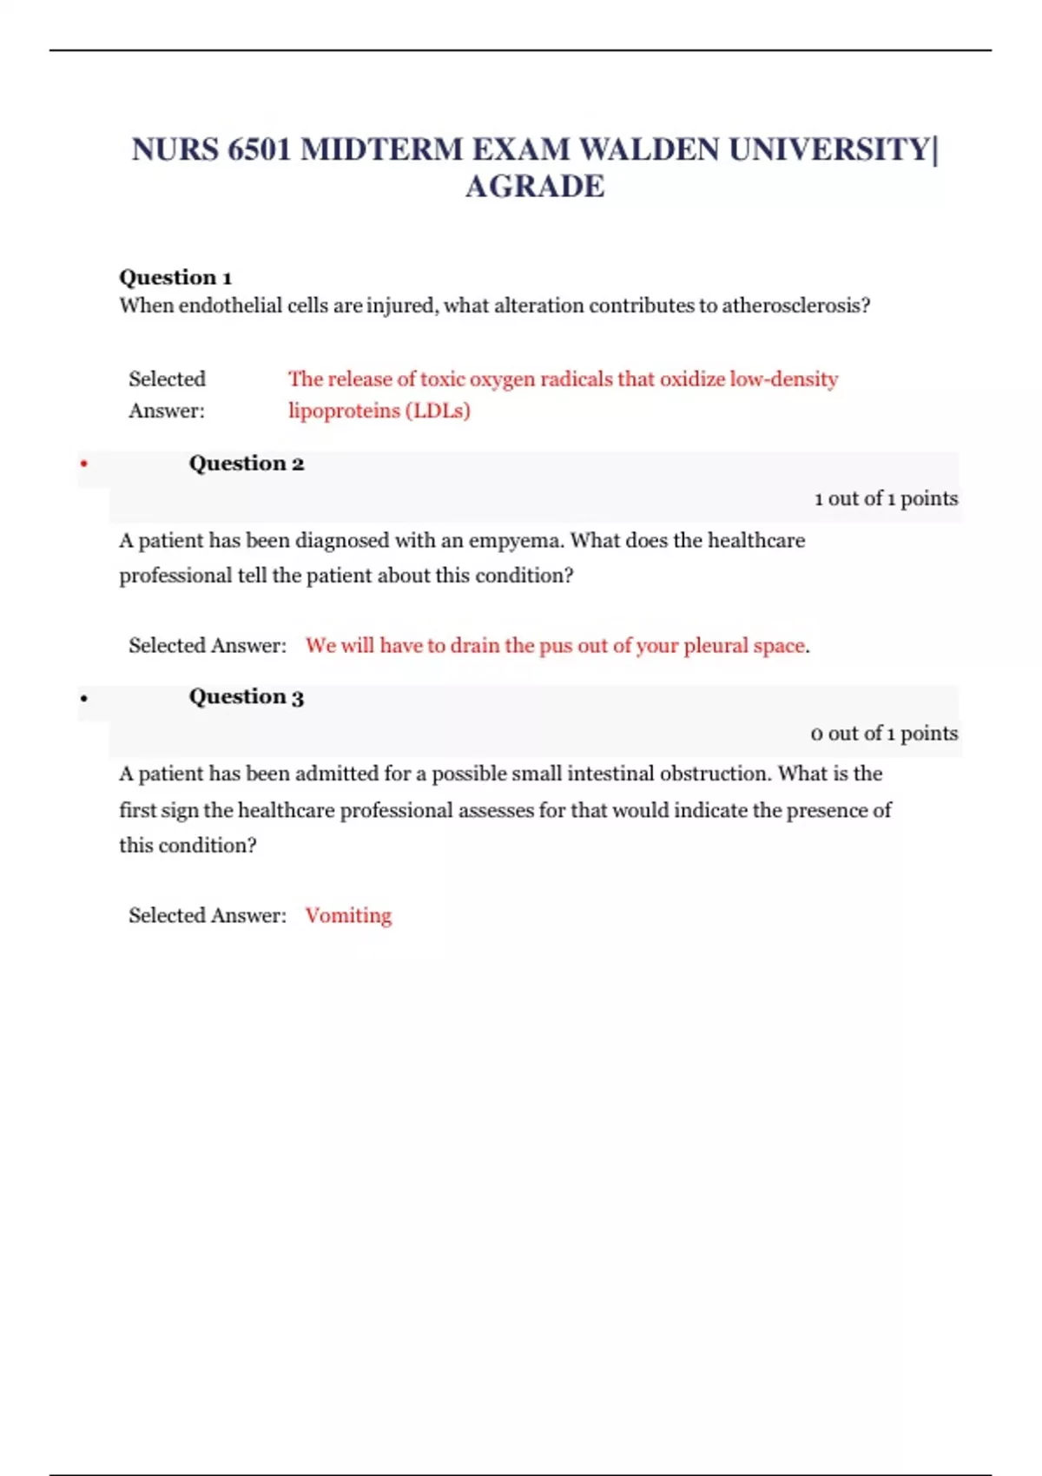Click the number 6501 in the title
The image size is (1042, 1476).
pyautogui.click(x=259, y=150)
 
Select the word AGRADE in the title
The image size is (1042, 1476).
pyautogui.click(x=535, y=187)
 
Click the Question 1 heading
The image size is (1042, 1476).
pyautogui.click(x=175, y=278)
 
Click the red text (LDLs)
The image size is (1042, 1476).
pyautogui.click(x=438, y=411)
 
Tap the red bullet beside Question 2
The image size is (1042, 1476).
pyautogui.click(x=84, y=465)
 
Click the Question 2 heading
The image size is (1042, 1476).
pyautogui.click(x=247, y=464)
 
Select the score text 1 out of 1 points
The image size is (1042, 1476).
pyautogui.click(x=886, y=498)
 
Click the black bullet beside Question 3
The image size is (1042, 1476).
pyautogui.click(x=84, y=698)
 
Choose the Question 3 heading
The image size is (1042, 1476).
pyautogui.click(x=247, y=697)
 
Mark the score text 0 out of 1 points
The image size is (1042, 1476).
pyautogui.click(x=884, y=734)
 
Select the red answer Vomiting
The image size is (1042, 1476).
pyautogui.click(x=348, y=916)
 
